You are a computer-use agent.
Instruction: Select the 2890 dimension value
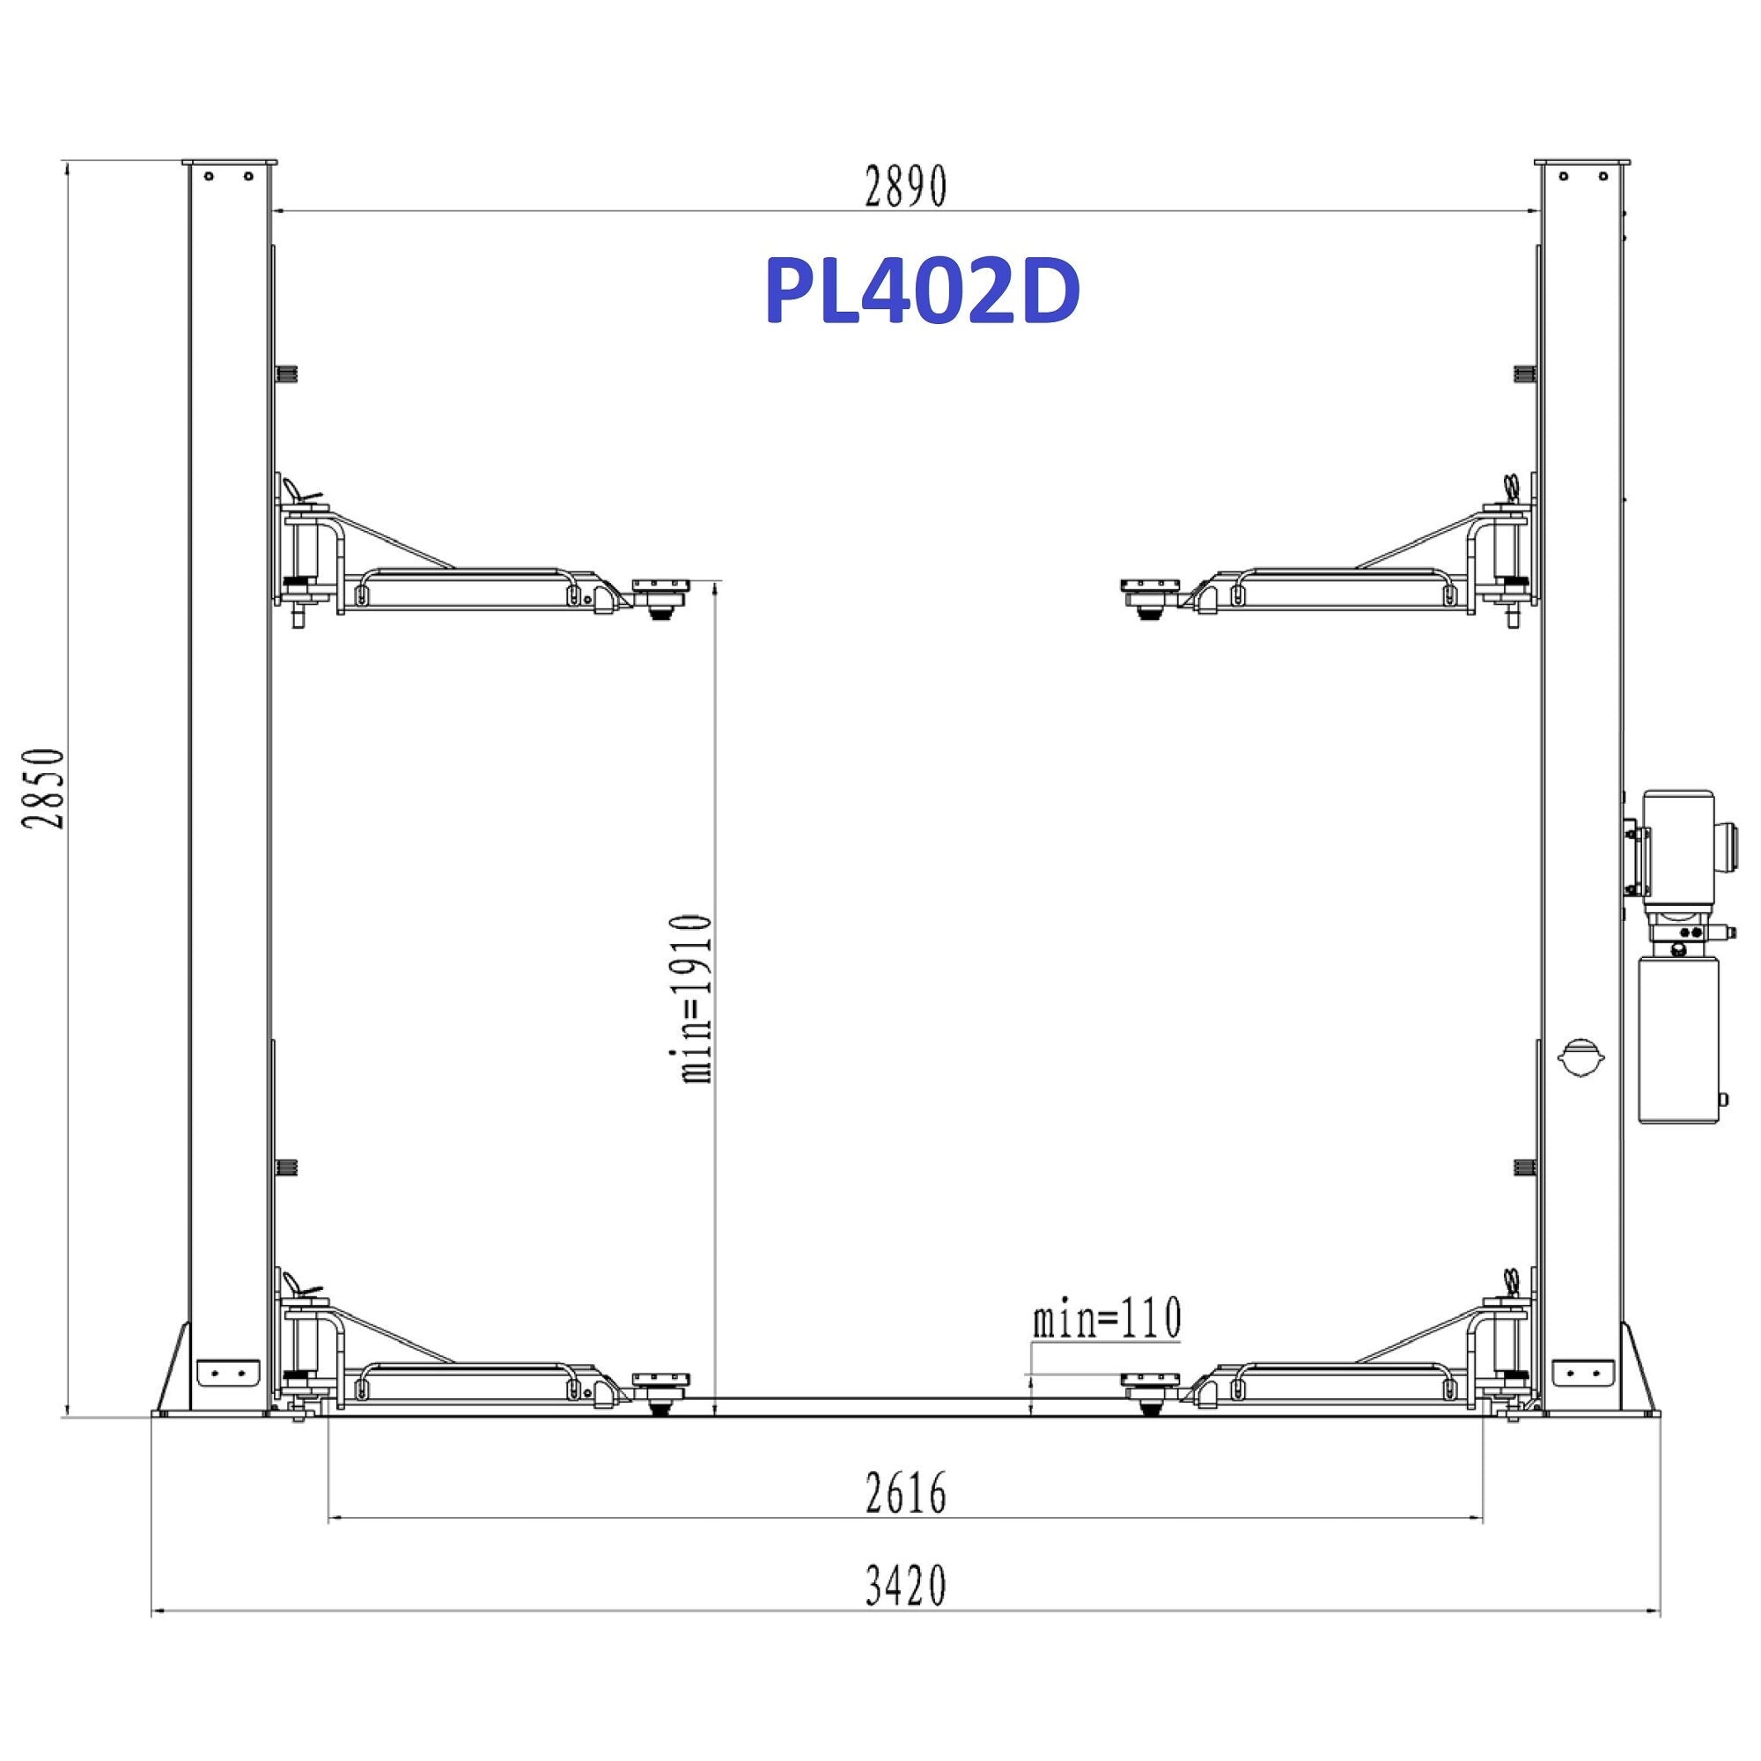coord(906,187)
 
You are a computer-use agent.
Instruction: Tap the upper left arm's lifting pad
coord(663,597)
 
